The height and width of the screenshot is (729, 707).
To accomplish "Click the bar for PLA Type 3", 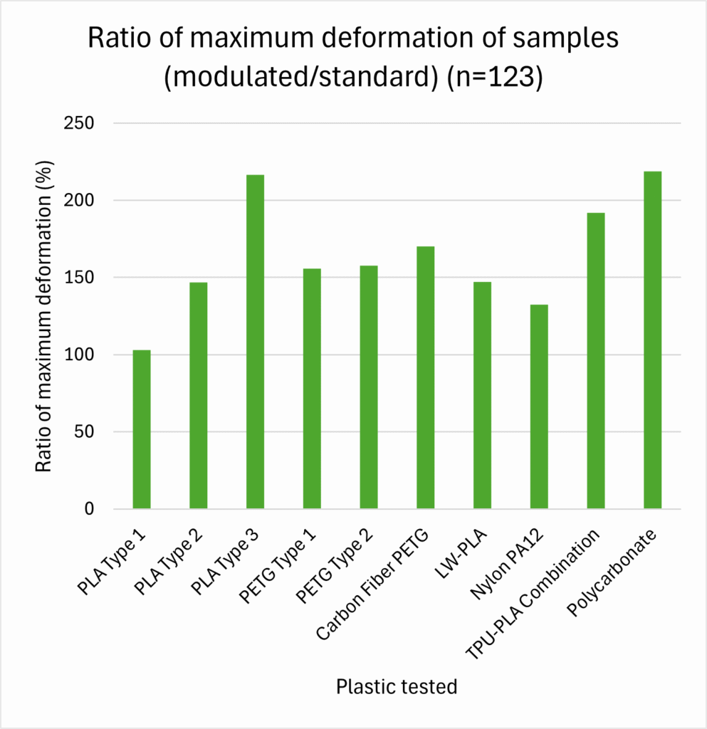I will (255, 342).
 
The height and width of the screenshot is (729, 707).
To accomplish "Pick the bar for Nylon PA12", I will (539, 407).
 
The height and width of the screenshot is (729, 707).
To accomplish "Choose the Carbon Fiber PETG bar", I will (425, 377).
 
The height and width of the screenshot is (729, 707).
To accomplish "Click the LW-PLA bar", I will (482, 395).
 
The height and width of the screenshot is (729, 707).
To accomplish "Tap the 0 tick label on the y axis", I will (88, 509).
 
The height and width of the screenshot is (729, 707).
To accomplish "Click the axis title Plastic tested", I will (397, 687).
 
